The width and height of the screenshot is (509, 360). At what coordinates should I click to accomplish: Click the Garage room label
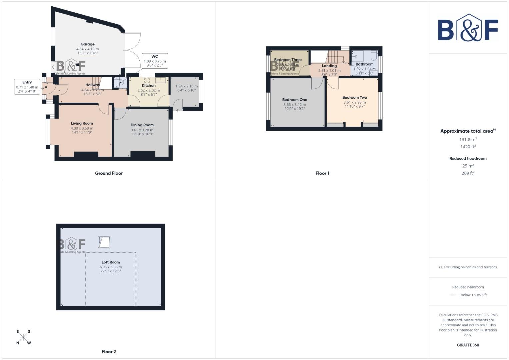pyautogui.click(x=87, y=44)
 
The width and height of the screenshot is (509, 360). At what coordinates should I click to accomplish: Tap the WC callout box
pyautogui.click(x=155, y=61)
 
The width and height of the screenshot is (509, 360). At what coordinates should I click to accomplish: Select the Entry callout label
pyautogui.click(x=27, y=87)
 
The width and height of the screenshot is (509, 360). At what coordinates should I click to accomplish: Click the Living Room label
pyautogui.click(x=82, y=123)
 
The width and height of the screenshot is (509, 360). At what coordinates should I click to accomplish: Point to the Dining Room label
pyautogui.click(x=142, y=125)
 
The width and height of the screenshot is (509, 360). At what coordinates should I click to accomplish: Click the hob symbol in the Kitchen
pyautogui.click(x=147, y=80)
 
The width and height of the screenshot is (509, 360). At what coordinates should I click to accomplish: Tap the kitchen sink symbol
pyautogui.click(x=161, y=80)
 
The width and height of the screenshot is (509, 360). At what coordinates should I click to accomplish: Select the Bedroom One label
pyautogui.click(x=295, y=100)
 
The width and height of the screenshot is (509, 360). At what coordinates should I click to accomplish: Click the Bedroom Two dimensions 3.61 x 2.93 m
pyautogui.click(x=355, y=102)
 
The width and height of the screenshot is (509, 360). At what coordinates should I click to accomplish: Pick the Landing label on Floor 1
pyautogui.click(x=329, y=66)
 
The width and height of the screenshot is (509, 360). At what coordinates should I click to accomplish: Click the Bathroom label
pyautogui.click(x=364, y=64)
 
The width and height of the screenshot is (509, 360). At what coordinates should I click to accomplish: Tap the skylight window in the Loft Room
pyautogui.click(x=104, y=242)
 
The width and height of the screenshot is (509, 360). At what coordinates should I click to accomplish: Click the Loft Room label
pyautogui.click(x=111, y=262)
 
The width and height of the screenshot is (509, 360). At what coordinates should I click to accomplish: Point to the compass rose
pyautogui.click(x=23, y=337)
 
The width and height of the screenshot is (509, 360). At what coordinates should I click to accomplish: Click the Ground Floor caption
pyautogui.click(x=109, y=173)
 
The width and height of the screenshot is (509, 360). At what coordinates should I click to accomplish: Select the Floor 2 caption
pyautogui.click(x=109, y=352)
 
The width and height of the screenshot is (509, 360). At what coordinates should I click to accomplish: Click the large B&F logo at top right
pyautogui.click(x=468, y=28)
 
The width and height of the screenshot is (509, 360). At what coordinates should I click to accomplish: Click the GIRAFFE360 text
pyautogui.click(x=468, y=345)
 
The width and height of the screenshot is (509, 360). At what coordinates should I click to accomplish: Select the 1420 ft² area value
pyautogui.click(x=468, y=147)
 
